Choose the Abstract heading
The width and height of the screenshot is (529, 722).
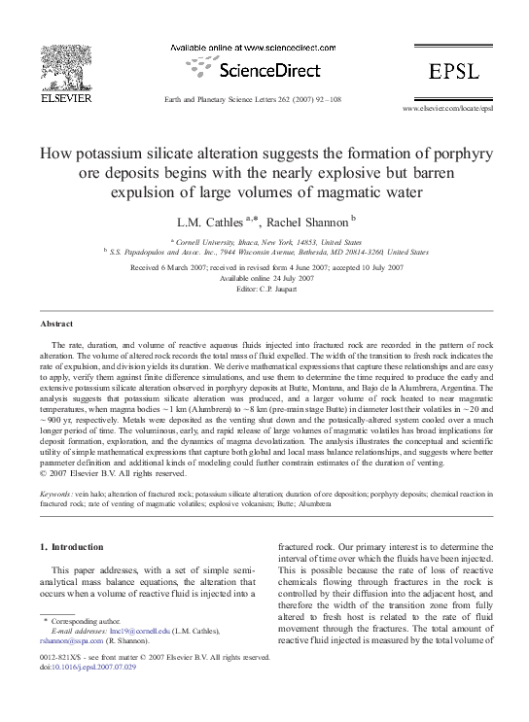tap(56, 323)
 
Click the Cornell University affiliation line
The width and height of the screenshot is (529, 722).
tap(265, 241)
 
